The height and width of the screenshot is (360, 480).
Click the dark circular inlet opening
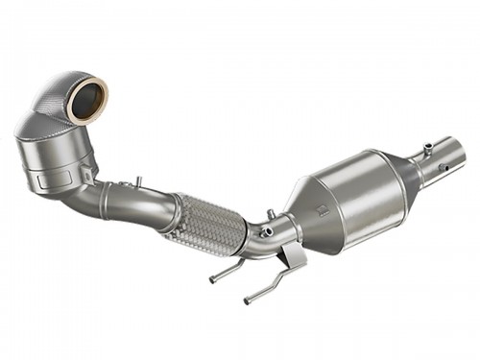[86, 101]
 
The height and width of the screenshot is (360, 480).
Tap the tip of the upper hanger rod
[213, 279]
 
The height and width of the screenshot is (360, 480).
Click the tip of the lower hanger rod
[247, 301]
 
